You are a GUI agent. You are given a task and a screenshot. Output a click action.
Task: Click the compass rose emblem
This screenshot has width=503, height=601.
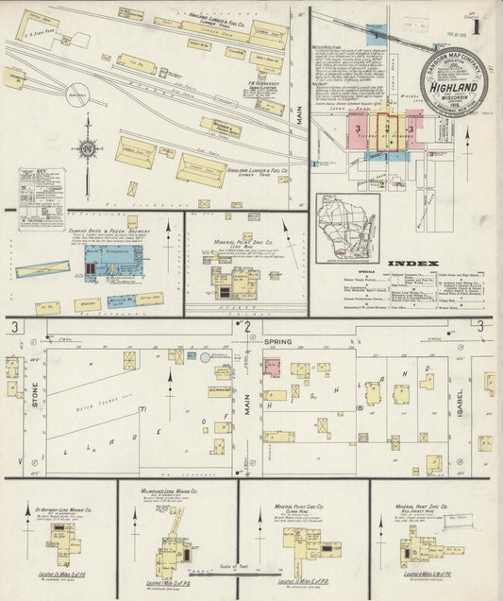tap(87, 147)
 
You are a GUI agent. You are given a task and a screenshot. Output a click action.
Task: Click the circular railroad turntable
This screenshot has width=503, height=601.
tap(78, 94)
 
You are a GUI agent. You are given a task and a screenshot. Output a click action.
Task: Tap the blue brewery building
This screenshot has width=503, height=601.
tap(111, 260)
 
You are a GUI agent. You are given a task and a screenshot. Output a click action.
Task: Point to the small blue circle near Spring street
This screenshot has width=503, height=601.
tap(205, 357)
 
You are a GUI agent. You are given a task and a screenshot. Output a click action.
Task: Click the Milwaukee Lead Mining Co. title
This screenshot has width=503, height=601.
tap(177, 495)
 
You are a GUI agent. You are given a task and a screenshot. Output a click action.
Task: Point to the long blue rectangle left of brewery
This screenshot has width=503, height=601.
tap(42, 269)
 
